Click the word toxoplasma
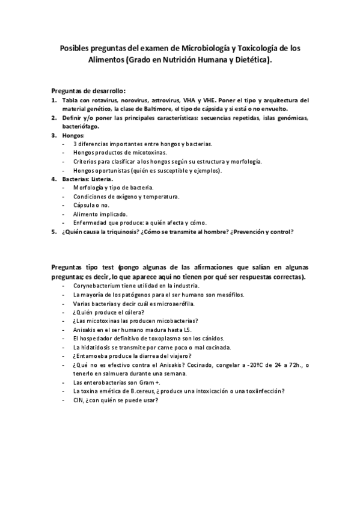click(x=156, y=339)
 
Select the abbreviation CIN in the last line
click(x=78, y=400)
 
